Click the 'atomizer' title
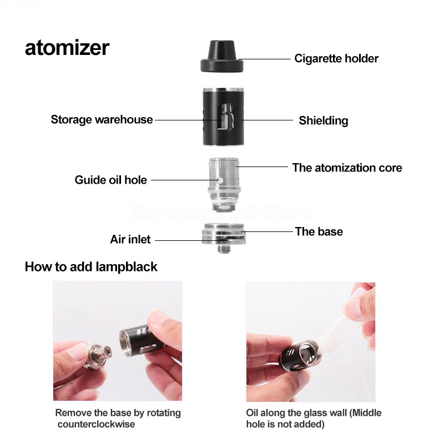click(x=67, y=48)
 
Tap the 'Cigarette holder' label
click(x=336, y=58)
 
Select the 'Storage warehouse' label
click(x=102, y=119)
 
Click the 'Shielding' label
click(x=323, y=120)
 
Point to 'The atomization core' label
click(x=347, y=168)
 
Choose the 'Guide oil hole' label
click(x=111, y=180)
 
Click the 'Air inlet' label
click(x=130, y=240)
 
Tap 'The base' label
click(x=319, y=231)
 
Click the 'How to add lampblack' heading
click(x=91, y=267)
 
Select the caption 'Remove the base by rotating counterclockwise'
click(x=118, y=418)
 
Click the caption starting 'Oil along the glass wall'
click(x=314, y=418)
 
